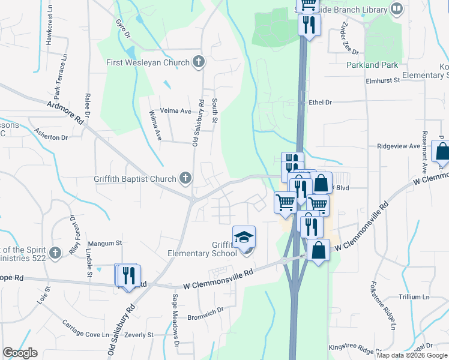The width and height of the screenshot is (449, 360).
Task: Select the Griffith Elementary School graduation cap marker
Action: click(244, 238)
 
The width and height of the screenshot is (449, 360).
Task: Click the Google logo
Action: click(20, 353)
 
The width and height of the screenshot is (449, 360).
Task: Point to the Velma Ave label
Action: click(177, 111)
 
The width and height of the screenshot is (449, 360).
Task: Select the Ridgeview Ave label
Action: click(398, 146)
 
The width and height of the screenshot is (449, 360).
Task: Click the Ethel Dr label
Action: click(320, 103)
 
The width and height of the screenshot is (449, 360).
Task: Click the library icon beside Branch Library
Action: click(396, 9)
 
